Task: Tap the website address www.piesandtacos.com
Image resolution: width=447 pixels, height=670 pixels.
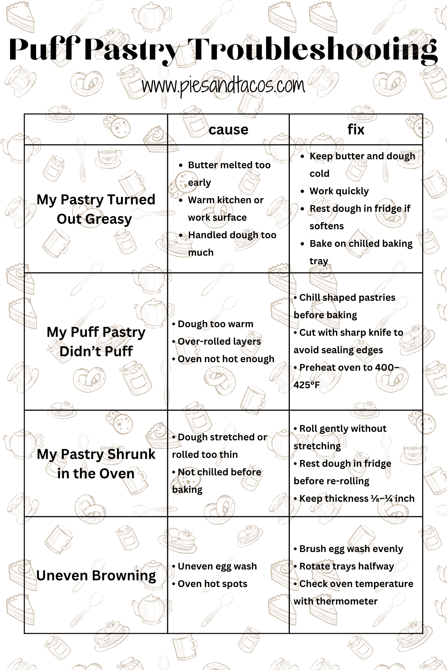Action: point(223,86)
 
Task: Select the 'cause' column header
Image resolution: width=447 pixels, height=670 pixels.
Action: point(228,130)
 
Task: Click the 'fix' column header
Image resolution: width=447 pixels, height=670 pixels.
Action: point(356,130)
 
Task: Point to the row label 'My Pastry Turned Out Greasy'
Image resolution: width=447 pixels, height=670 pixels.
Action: point(96,209)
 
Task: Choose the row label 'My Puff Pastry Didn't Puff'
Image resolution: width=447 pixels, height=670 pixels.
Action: point(96,341)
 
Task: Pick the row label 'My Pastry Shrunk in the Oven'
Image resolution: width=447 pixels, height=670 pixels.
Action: point(96,464)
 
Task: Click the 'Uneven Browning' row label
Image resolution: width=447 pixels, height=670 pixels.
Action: point(96,575)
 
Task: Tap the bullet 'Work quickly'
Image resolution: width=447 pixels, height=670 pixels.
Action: point(339,191)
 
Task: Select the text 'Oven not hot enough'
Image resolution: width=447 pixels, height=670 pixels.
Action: point(226,359)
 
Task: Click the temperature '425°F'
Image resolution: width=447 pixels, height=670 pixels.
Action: point(307,385)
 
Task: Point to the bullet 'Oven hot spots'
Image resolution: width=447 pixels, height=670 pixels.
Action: point(212,584)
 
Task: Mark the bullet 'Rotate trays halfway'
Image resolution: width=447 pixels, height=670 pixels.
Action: point(346,567)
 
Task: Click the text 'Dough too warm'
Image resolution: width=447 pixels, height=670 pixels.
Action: point(215,324)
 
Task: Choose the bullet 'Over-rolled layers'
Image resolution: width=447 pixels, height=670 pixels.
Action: point(219,342)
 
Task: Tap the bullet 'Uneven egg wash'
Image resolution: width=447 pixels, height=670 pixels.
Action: point(217,567)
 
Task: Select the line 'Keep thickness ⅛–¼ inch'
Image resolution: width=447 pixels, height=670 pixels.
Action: point(356,499)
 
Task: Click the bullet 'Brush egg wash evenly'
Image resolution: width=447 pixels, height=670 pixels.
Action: point(351,549)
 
